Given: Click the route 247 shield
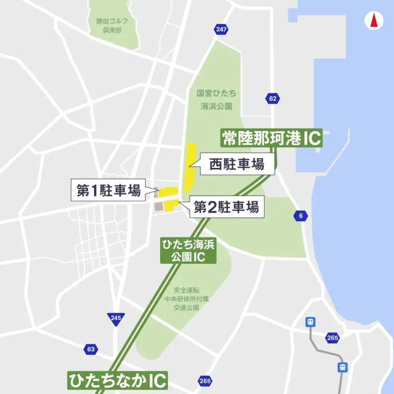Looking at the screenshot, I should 221,30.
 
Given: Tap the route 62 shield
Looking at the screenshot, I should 273,98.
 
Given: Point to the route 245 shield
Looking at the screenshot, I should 116,318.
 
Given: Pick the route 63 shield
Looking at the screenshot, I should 90,349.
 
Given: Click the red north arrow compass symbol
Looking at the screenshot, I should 373,21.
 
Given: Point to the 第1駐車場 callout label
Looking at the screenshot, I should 109,191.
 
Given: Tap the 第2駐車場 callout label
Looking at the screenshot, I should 226,207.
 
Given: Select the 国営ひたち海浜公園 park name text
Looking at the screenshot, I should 216,99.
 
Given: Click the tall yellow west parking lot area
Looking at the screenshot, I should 189,167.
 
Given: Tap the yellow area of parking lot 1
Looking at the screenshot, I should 168,192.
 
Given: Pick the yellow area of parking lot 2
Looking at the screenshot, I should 170,205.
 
